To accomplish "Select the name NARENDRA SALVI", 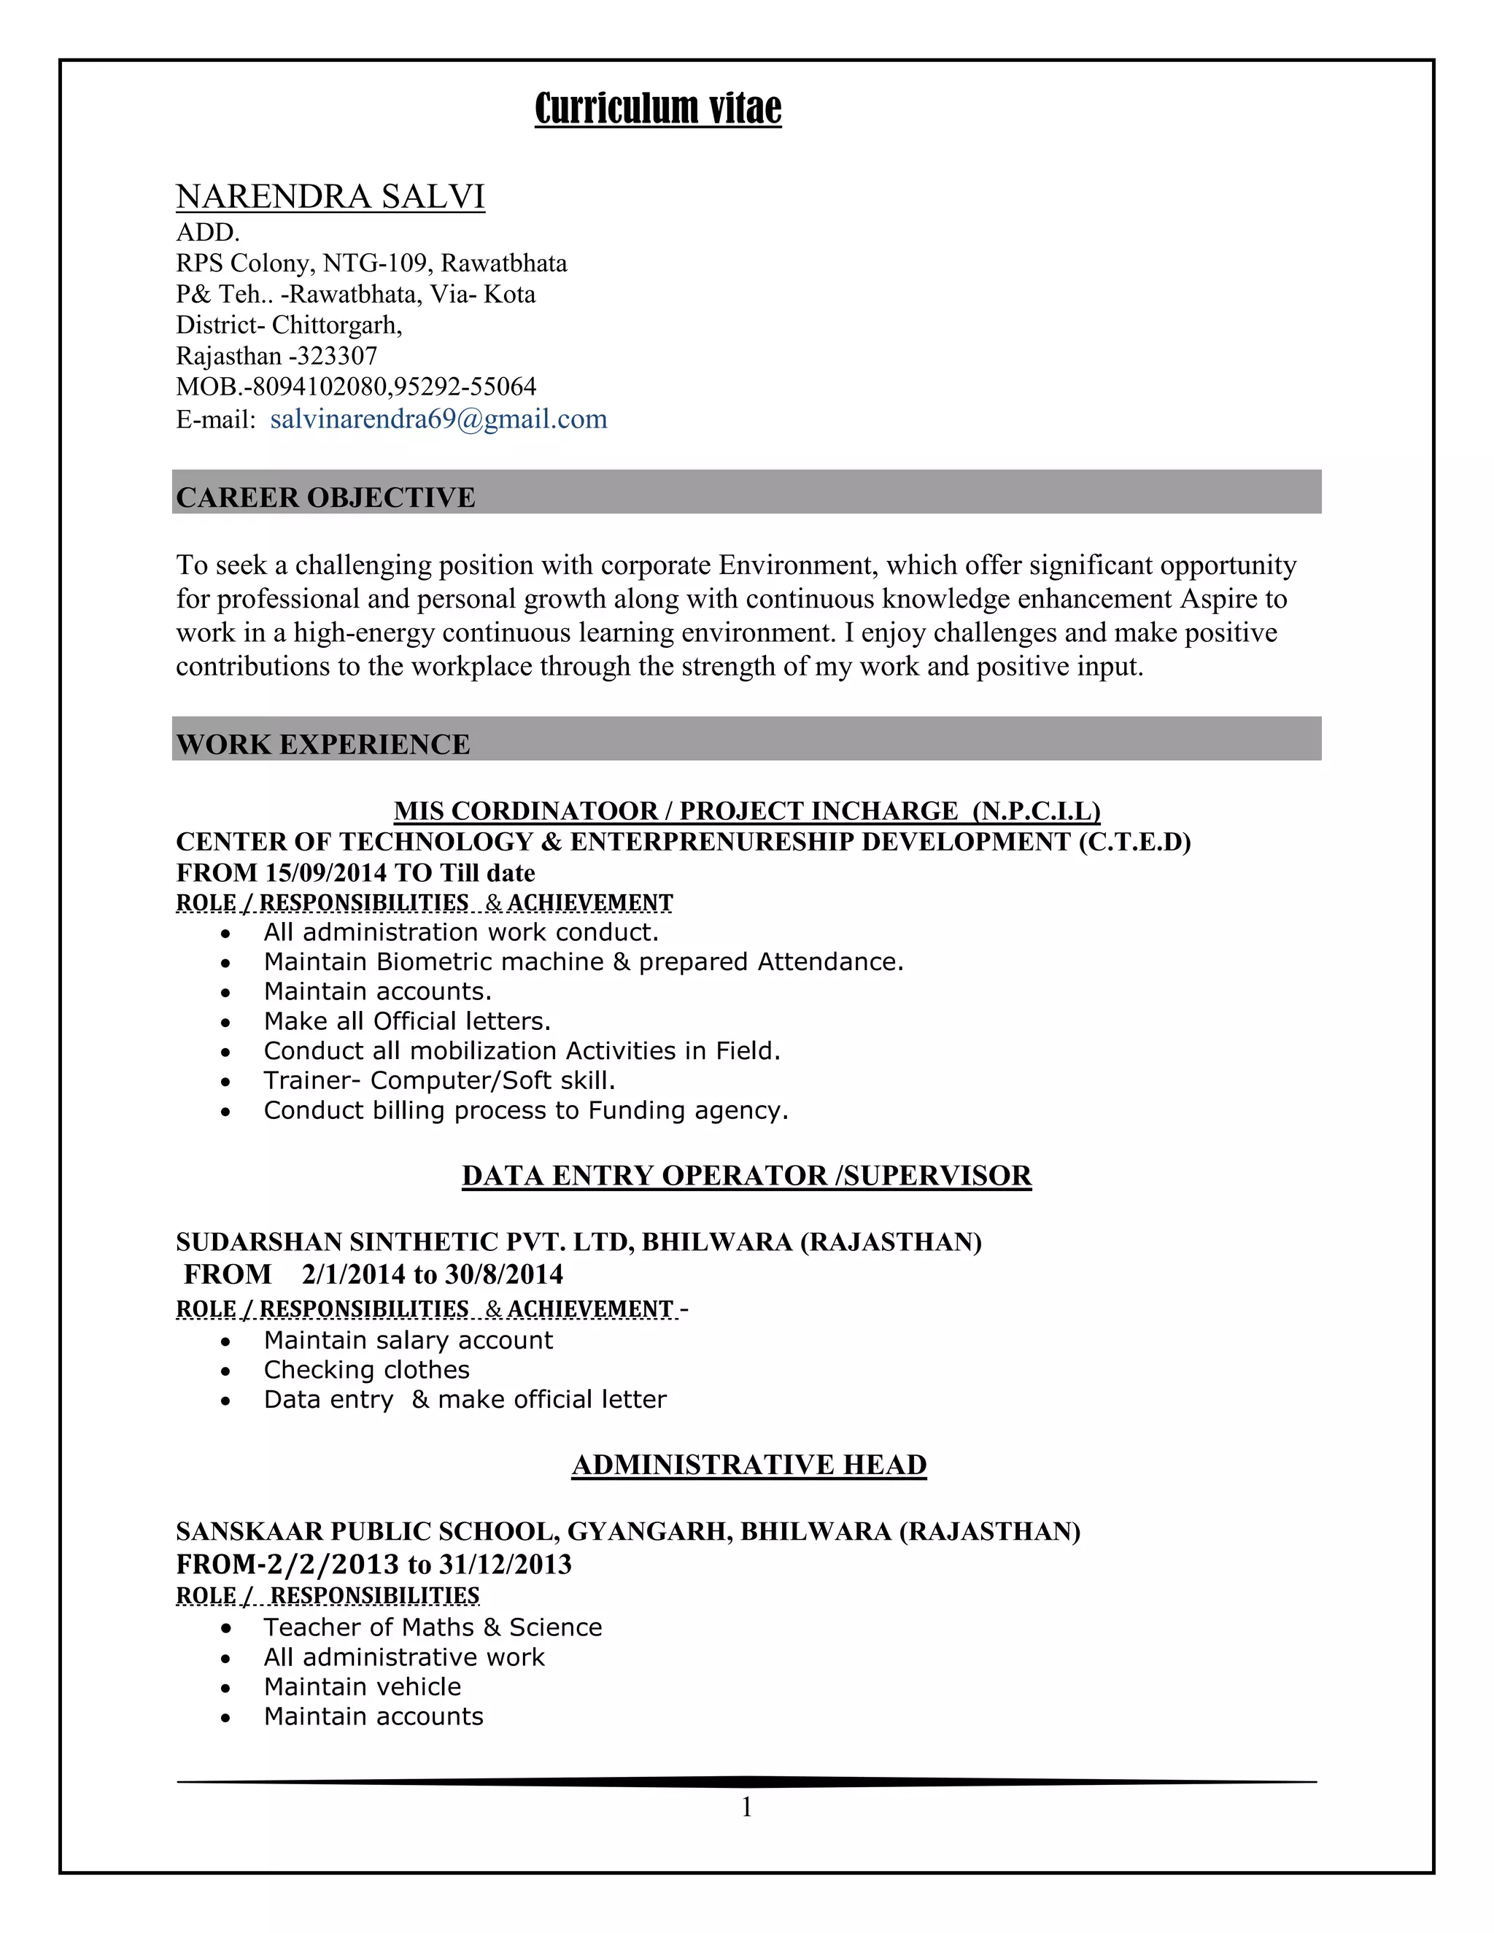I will [x=330, y=196].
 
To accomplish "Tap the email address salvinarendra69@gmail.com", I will [x=438, y=419].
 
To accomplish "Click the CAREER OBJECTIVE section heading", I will [x=325, y=497].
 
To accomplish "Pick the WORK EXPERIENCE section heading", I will [x=323, y=744].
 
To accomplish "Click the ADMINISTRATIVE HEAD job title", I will [x=748, y=1465].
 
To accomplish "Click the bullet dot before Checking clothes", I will [x=227, y=1371].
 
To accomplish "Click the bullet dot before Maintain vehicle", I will [x=227, y=1688].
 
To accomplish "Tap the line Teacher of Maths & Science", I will [x=433, y=1627].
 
